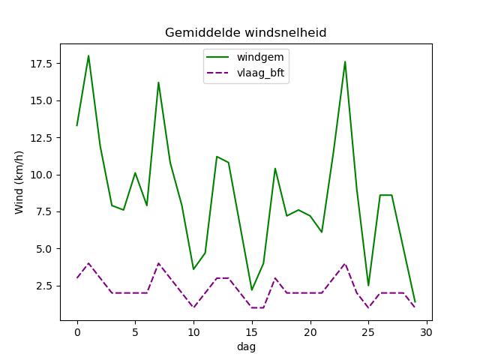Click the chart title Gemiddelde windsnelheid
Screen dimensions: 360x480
(245, 33)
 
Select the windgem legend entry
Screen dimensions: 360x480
(259, 56)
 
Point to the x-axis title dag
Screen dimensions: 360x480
(245, 347)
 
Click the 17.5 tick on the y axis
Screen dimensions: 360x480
(41, 64)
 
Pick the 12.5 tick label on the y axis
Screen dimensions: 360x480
(41, 137)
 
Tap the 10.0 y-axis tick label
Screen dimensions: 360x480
(41, 175)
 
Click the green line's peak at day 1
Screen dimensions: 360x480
(88, 55)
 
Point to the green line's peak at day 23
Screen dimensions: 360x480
(345, 61)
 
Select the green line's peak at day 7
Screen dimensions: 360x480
(158, 82)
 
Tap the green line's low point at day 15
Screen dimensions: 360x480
(251, 290)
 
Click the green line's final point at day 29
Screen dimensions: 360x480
(415, 302)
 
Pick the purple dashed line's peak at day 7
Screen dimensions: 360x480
(158, 263)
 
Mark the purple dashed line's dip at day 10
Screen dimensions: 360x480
(193, 307)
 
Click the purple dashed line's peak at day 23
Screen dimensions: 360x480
(345, 263)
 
